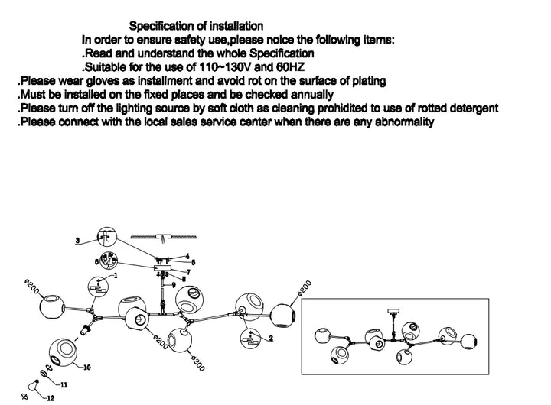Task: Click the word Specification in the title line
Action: pos(163,27)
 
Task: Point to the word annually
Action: pos(309,94)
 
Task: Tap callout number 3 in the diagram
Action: pos(78,241)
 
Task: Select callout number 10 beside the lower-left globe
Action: pos(86,368)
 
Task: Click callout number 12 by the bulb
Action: pos(51,397)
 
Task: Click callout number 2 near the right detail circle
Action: pos(270,337)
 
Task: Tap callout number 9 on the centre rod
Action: pos(174,285)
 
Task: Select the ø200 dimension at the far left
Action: pos(30,289)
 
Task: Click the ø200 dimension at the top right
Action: pos(305,291)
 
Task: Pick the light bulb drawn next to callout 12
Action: pos(35,386)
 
